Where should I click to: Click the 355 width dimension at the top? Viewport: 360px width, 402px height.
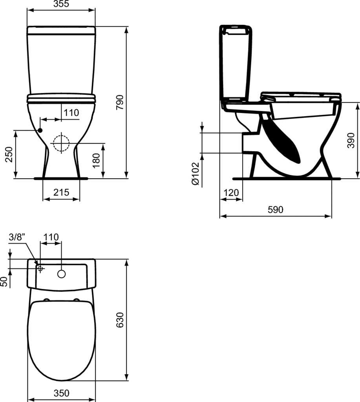coord(62,4)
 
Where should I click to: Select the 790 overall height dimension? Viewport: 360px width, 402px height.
coord(120,102)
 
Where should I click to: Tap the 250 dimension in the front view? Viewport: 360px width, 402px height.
coord(9,154)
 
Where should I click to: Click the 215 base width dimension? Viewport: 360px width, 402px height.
coord(61,192)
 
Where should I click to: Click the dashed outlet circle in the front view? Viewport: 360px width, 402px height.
coord(61,143)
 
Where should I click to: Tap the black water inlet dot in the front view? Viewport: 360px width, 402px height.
coord(40,130)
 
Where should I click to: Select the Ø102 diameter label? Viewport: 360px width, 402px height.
coord(195,174)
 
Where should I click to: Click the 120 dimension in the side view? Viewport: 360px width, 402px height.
coord(231,192)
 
